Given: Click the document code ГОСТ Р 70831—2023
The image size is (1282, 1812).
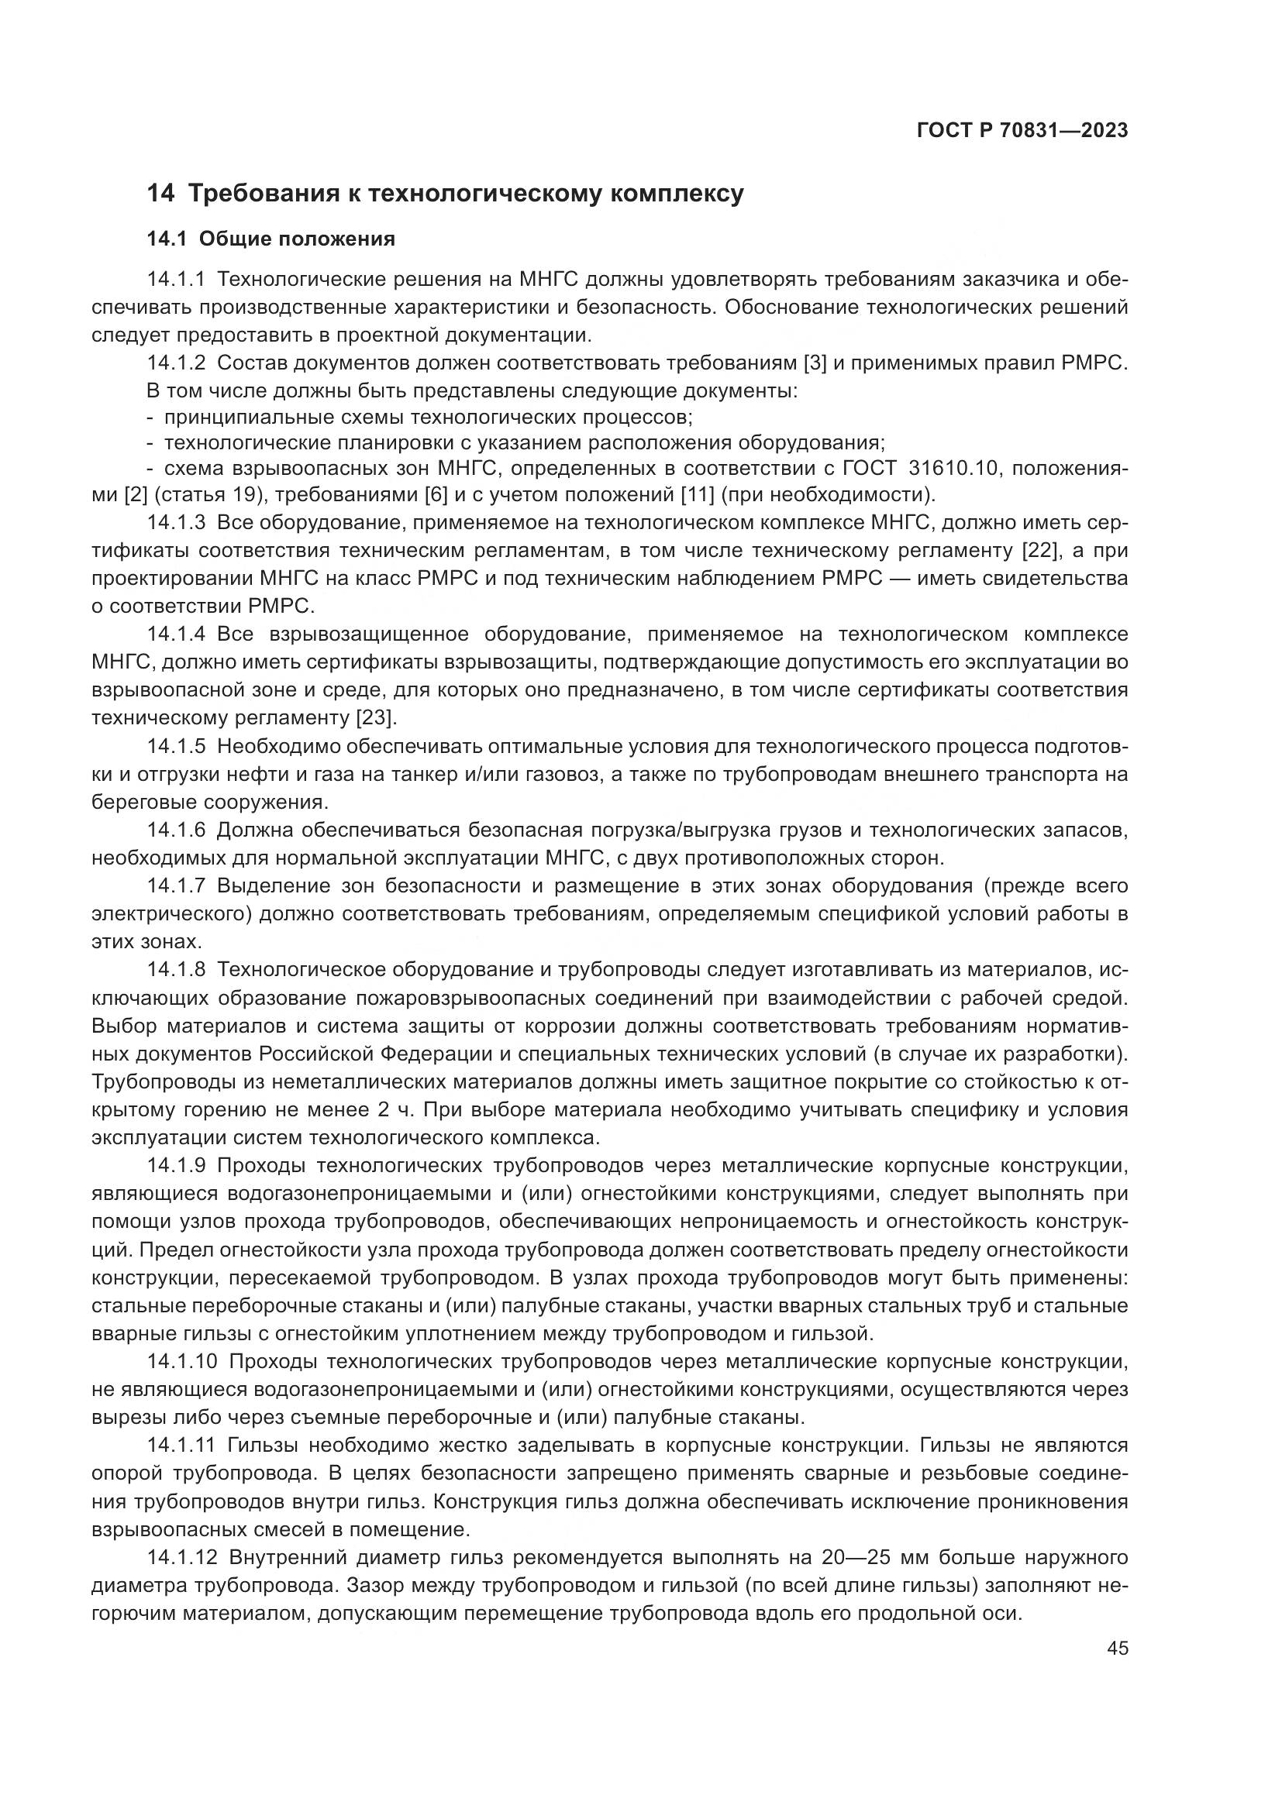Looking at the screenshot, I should pyautogui.click(x=1022, y=131).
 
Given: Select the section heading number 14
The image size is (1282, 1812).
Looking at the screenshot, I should pyautogui.click(x=160, y=194).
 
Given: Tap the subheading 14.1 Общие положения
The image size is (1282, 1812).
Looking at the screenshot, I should pyautogui.click(x=271, y=239).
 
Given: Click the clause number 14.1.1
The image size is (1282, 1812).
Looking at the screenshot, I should pyautogui.click(x=176, y=280).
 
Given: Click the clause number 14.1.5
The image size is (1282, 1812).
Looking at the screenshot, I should pyautogui.click(x=176, y=746).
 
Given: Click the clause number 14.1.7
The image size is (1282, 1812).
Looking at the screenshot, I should pyautogui.click(x=176, y=885).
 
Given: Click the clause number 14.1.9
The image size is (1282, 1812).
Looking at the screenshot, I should pyautogui.click(x=176, y=1166).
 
